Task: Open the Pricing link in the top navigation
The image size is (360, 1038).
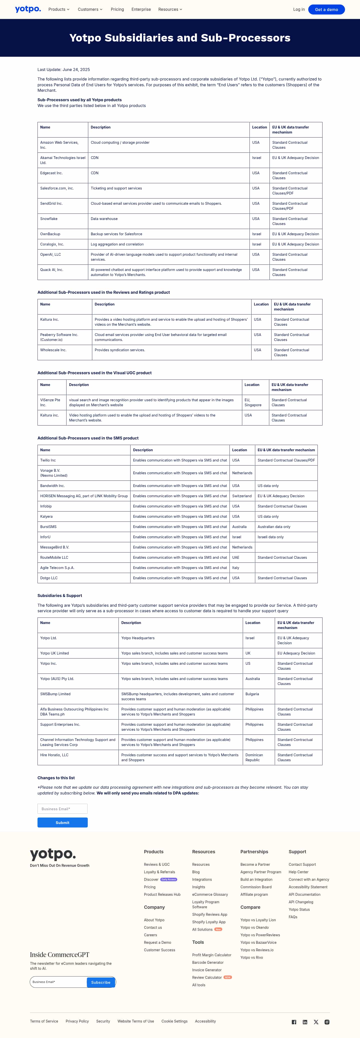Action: (x=117, y=9)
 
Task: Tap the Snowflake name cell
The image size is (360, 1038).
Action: (x=49, y=219)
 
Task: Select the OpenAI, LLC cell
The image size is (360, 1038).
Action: (x=50, y=255)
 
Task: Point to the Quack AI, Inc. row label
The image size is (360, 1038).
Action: (x=51, y=270)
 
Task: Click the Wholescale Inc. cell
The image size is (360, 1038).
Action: (x=53, y=350)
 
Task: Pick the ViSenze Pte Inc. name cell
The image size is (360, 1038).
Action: (x=50, y=402)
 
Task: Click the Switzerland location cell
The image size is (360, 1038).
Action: (x=242, y=496)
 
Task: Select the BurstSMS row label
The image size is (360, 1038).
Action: (x=48, y=527)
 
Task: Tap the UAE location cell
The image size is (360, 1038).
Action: (x=236, y=558)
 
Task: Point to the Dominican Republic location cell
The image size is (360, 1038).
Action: (x=254, y=757)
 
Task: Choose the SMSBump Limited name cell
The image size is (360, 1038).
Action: (x=55, y=694)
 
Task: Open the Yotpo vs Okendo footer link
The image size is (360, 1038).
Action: (x=254, y=927)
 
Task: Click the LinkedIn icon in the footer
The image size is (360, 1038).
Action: (x=305, y=1022)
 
